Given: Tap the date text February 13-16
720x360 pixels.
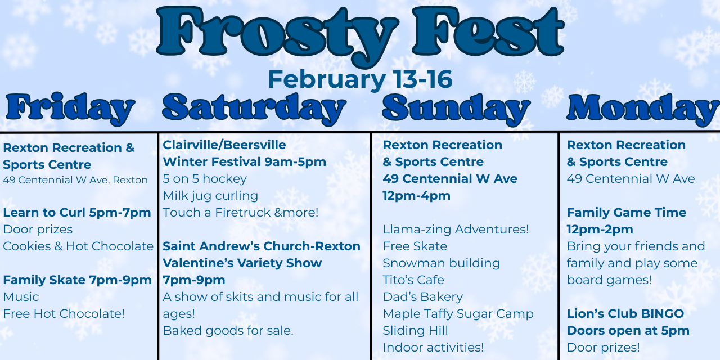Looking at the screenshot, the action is coord(361,79).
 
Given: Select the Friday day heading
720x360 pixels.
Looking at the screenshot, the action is coord(70,109).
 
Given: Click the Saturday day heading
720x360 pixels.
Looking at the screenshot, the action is coord(254,109).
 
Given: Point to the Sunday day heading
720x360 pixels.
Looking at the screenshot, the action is coord(456,109).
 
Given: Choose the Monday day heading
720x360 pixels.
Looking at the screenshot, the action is coord(643,109).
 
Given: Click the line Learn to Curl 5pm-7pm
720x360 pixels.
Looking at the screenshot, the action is coord(77,213).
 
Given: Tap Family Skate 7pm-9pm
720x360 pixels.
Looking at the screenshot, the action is coord(78,280).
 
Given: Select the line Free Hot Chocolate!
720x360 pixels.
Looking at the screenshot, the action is coord(64,314).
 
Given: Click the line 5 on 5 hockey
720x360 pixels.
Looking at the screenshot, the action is coord(205,179).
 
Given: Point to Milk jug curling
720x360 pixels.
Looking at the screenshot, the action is coord(210,196).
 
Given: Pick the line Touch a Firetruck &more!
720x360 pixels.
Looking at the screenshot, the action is coord(241,213).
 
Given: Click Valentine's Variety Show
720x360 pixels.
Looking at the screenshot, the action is coord(242,263).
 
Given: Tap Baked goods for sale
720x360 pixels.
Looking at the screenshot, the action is coord(228,331).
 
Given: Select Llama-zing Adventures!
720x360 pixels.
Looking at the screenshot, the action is coord(456,229).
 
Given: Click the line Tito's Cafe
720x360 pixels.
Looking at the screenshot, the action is coord(413,280).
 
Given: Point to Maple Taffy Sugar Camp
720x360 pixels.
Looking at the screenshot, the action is coord(458,314).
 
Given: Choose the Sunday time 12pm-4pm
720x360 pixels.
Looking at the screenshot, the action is coord(417,196).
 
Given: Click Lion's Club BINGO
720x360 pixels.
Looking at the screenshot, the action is coord(625,314).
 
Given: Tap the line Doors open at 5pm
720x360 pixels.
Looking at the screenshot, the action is coord(628,331).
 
